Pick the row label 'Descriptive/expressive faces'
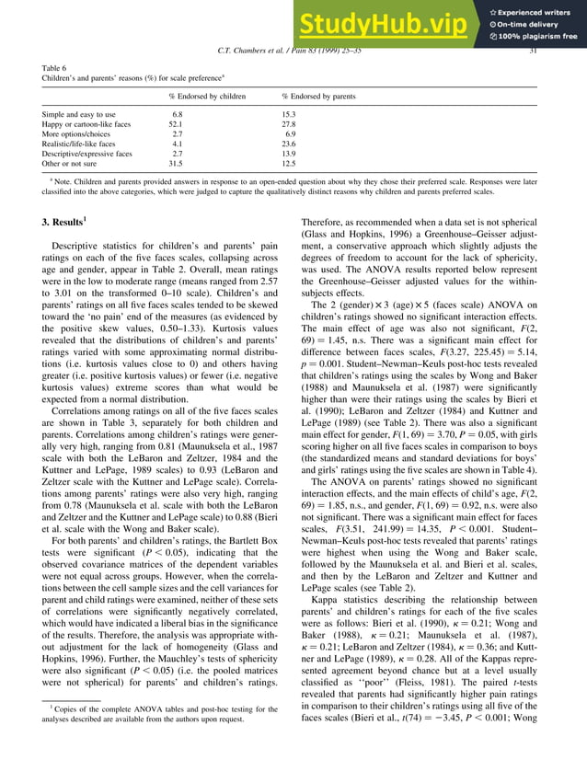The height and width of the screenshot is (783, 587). point(95,154)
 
